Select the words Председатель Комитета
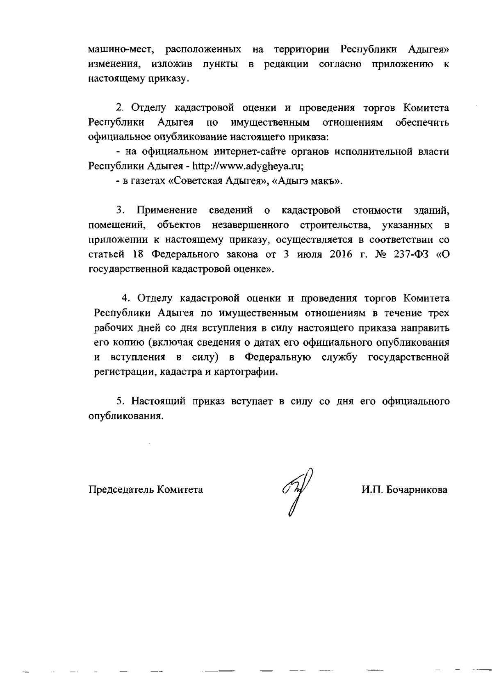pos(146,490)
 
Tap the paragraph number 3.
pos(120,210)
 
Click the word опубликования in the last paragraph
pos(125,416)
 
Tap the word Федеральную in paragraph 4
pos(277,357)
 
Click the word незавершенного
pos(251,225)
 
